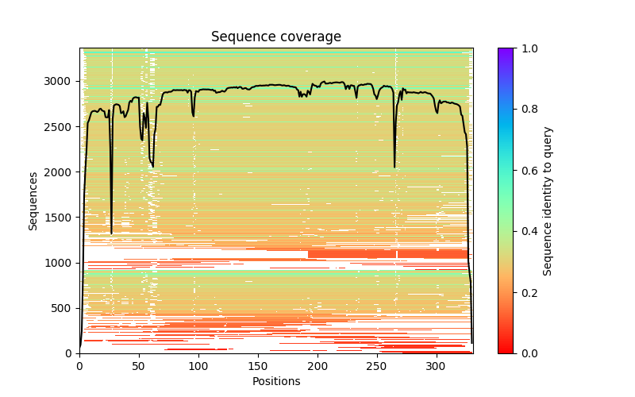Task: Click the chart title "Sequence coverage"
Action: click(x=275, y=37)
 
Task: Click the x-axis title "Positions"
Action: click(x=275, y=381)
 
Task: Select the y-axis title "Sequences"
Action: click(x=33, y=200)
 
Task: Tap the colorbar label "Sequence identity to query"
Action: click(x=548, y=200)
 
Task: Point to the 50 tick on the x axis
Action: click(x=139, y=365)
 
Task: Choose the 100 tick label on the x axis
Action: click(x=198, y=365)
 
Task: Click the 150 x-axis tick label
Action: click(x=257, y=365)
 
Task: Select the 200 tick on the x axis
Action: click(x=317, y=365)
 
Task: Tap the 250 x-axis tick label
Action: click(x=376, y=365)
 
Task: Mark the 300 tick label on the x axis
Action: click(x=436, y=365)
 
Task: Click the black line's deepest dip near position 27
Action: click(x=111, y=233)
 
